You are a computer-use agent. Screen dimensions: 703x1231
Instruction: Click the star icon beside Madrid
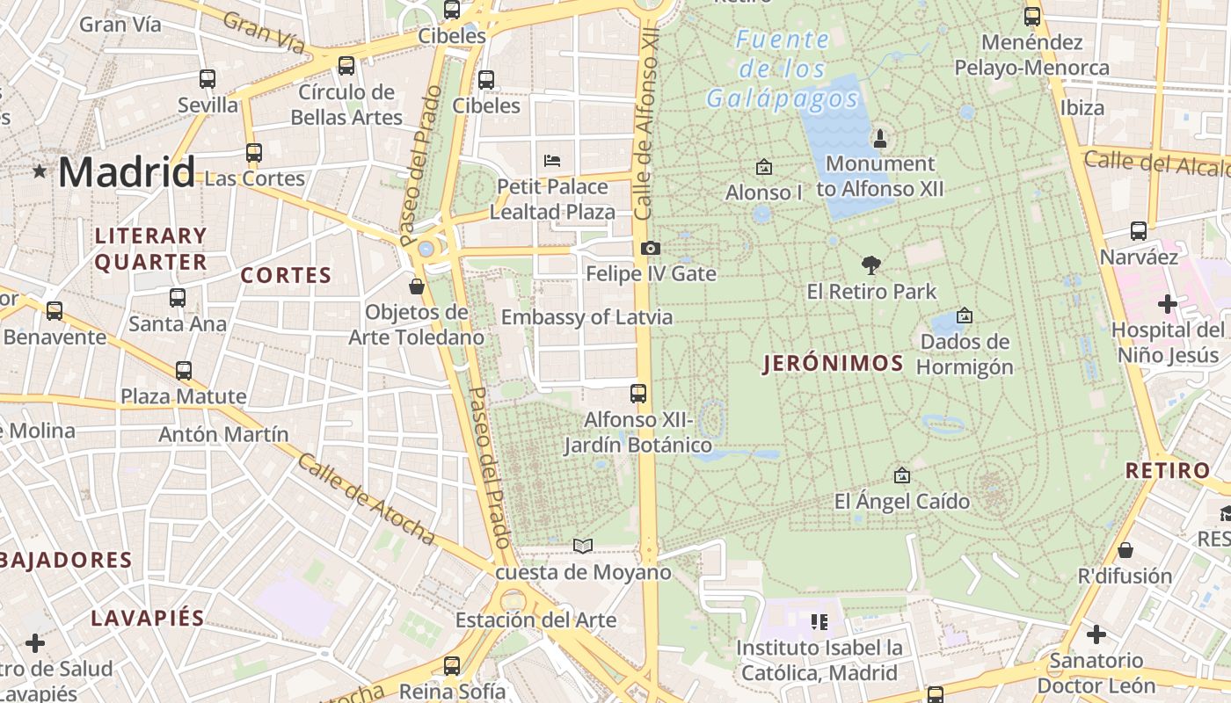[x=40, y=171]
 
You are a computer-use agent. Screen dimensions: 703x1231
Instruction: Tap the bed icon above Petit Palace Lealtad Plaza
[x=552, y=160]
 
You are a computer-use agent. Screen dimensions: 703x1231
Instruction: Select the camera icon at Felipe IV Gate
[x=651, y=249]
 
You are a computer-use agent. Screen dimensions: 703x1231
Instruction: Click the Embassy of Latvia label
[x=586, y=317]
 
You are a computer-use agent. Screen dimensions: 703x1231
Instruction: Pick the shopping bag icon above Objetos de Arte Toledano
[x=417, y=286]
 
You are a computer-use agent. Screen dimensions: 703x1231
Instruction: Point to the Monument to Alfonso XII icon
[x=879, y=138]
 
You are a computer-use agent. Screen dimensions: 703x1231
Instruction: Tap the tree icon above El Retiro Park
[x=871, y=265]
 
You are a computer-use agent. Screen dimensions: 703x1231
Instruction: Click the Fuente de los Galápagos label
[x=782, y=69]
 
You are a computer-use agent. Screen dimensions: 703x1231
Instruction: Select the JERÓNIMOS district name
[x=834, y=364]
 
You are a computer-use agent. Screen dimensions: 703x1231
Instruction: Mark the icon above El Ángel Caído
[x=901, y=475]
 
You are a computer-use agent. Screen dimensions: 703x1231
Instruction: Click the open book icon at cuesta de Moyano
[x=582, y=546]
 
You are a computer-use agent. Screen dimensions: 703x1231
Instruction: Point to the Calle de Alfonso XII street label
[x=647, y=123]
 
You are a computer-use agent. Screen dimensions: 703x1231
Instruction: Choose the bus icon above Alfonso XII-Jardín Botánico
[x=638, y=394]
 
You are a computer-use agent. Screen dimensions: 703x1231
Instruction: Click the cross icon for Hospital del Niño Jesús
[x=1167, y=304]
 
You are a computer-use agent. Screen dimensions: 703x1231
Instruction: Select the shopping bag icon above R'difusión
[x=1125, y=551]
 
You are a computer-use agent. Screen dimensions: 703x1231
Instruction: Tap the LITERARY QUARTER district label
[x=150, y=249]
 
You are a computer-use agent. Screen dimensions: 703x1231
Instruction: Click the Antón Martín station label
[x=223, y=434]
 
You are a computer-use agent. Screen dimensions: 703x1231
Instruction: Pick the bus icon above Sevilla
[x=208, y=79]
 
